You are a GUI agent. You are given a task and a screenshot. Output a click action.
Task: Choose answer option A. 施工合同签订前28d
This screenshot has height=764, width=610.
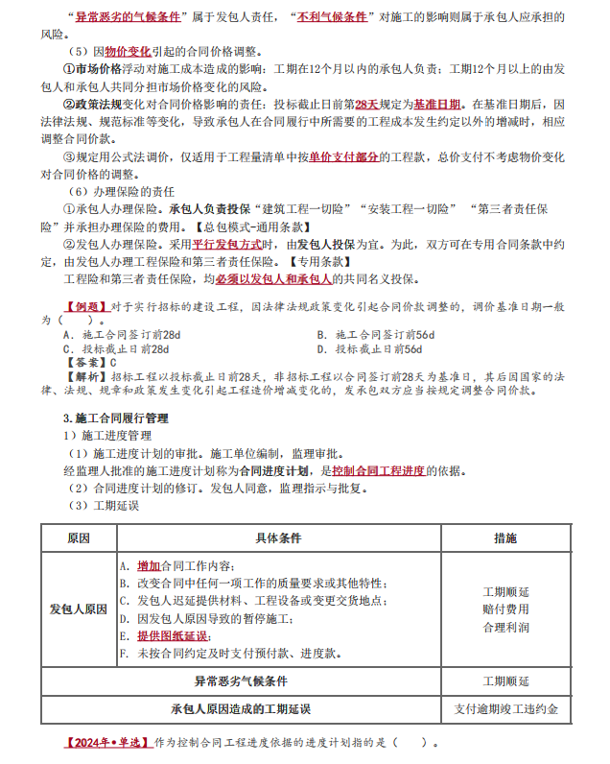click(x=121, y=335)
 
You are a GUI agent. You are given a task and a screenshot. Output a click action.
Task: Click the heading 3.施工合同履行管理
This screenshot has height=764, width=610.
click(x=115, y=418)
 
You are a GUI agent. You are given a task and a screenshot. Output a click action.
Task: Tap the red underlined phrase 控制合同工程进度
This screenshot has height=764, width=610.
click(x=378, y=470)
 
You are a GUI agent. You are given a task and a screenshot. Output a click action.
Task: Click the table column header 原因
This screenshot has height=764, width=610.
click(x=78, y=538)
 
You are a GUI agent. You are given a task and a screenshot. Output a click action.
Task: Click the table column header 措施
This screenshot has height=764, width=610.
click(x=505, y=538)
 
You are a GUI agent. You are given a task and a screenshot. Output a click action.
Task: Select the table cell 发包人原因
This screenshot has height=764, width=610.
click(x=78, y=609)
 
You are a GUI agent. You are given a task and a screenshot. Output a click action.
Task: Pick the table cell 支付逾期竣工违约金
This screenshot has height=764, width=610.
click(x=505, y=709)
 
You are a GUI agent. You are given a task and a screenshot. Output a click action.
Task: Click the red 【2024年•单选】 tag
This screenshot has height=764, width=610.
click(x=106, y=742)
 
